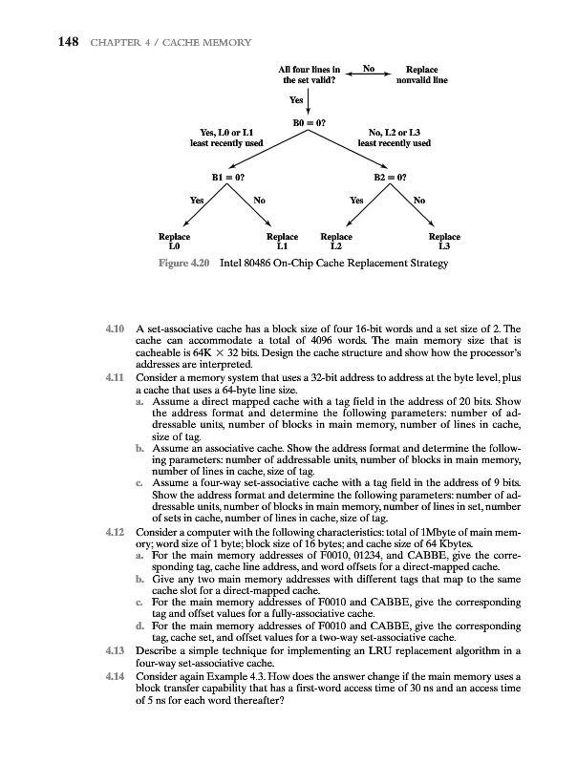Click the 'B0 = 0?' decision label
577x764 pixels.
308,122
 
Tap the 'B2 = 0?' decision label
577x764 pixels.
394,177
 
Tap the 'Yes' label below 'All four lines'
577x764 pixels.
296,99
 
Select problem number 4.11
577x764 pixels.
115,380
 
